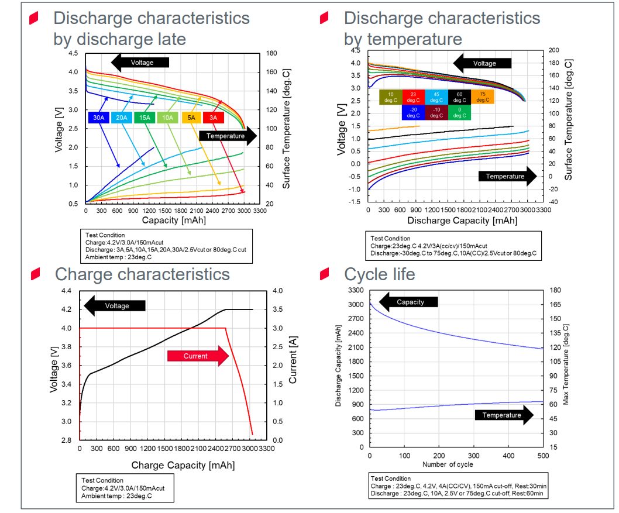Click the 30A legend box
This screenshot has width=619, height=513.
[99, 118]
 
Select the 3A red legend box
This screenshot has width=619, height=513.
[214, 118]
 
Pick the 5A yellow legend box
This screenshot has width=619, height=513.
[191, 118]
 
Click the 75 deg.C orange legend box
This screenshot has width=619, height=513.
[483, 97]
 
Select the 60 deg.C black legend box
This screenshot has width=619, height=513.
[460, 97]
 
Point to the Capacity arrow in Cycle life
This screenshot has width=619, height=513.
[410, 302]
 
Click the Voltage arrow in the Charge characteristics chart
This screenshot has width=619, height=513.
[115, 305]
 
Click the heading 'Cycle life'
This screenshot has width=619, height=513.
[380, 274]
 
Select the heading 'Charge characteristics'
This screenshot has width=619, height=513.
[142, 274]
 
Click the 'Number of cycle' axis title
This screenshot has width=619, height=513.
[448, 465]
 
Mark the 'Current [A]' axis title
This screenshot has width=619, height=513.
[293, 364]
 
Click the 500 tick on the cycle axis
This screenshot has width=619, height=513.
[542, 456]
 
